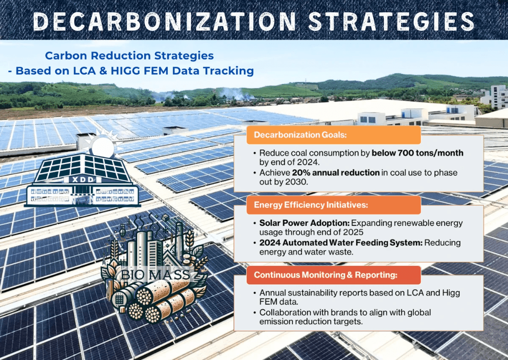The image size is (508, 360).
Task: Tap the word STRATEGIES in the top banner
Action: pos(391,21)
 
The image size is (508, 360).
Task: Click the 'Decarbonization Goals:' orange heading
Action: pos(300,135)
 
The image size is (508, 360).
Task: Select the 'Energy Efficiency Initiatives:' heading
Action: pos(311,205)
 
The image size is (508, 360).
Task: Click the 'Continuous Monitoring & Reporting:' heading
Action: pos(326,275)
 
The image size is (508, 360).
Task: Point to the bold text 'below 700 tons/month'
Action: pos(417,153)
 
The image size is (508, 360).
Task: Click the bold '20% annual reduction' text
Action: pos(336,172)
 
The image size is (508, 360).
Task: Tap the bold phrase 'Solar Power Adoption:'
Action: pos(304,223)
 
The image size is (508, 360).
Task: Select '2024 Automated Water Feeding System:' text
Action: pos(341,243)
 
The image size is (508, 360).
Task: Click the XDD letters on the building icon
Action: pos(83,179)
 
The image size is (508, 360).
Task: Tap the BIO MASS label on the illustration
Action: pos(155,275)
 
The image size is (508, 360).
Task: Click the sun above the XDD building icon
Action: pos(103,145)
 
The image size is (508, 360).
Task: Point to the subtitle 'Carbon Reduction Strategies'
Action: pos(129,55)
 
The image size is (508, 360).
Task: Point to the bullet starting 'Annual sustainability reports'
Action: pos(357,297)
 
